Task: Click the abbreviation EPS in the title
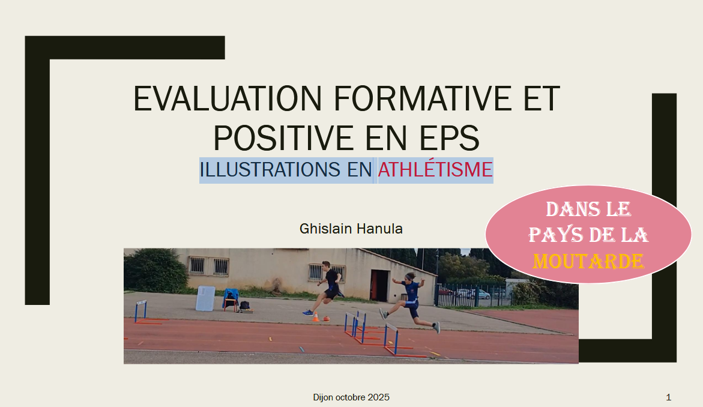[449, 137]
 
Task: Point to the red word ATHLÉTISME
[435, 170]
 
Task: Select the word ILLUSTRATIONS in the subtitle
[270, 170]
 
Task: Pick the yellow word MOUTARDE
[588, 261]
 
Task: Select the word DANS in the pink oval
[567, 210]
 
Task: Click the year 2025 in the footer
[378, 397]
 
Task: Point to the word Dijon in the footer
[323, 397]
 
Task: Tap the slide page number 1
[668, 397]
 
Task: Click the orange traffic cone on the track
[316, 317]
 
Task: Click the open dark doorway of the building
[379, 286]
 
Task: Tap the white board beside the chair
[205, 298]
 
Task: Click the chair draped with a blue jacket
[231, 300]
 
